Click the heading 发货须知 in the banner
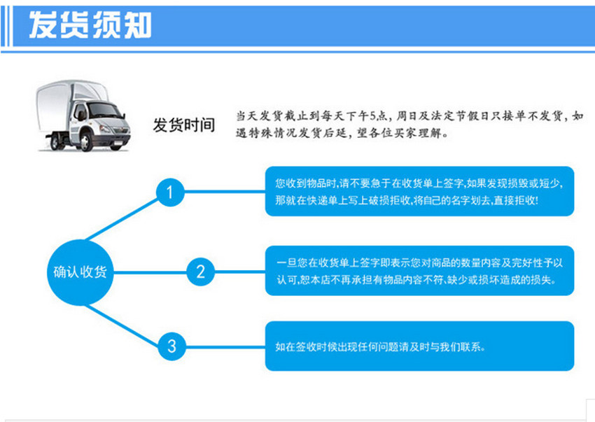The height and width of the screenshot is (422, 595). [89, 26]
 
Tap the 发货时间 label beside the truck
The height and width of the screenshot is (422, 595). [184, 125]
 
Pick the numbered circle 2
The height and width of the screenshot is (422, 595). [200, 271]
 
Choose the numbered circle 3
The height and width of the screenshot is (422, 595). [170, 346]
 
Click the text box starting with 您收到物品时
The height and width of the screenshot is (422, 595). [419, 191]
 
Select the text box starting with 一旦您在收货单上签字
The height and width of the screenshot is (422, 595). [419, 270]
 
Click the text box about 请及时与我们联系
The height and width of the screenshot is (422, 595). [419, 346]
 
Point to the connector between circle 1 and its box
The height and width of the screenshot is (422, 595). [225, 191]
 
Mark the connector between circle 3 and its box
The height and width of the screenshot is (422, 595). [225, 346]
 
